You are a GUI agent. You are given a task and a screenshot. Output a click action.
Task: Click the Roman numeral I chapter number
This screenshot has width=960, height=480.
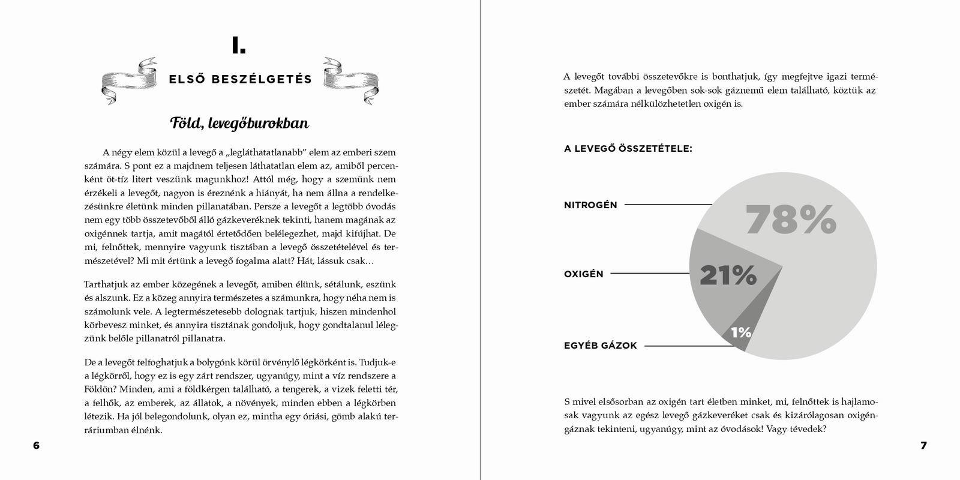(239, 46)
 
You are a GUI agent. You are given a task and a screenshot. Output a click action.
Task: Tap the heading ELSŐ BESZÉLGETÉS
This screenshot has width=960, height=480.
(240, 79)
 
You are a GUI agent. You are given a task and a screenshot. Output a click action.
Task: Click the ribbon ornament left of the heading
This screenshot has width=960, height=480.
(130, 80)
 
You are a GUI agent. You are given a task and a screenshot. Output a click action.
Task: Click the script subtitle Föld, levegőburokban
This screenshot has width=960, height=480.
(239, 124)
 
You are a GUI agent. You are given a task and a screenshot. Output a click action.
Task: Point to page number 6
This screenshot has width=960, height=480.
(36, 446)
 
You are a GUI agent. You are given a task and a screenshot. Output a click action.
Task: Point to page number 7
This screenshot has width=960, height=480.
(923, 446)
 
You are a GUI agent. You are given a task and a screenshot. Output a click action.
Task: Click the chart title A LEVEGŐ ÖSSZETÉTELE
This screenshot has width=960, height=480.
(628, 149)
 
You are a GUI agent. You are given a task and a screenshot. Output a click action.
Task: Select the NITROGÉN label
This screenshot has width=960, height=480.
(590, 205)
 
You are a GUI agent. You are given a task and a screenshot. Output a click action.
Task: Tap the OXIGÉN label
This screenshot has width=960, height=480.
(583, 274)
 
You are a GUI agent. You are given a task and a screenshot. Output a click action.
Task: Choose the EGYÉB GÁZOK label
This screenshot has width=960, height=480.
(600, 346)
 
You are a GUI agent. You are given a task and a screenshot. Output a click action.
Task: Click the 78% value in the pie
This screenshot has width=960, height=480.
(790, 220)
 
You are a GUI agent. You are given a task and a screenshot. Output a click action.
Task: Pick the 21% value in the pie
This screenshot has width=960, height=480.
(728, 275)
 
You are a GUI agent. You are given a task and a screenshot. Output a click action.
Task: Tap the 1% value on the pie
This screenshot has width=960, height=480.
(741, 332)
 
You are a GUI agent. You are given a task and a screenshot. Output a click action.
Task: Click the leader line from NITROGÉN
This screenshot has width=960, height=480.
(667, 205)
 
